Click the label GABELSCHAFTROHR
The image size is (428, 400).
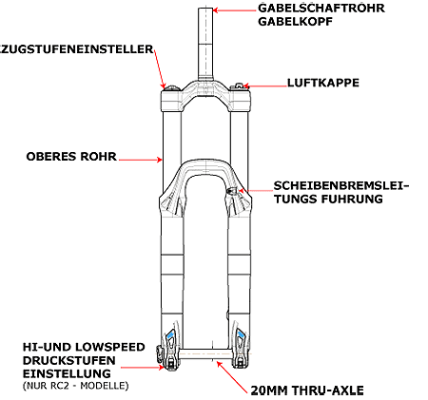point(321,8)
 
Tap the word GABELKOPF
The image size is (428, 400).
point(296,22)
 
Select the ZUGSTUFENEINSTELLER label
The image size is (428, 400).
point(77,49)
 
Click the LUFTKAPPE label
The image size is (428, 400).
point(323,83)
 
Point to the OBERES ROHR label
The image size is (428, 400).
point(71,157)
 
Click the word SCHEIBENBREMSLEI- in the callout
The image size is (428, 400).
point(341,185)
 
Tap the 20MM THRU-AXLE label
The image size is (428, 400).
point(307,390)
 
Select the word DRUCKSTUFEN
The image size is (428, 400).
point(68,360)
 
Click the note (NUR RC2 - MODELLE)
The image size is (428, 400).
point(75,386)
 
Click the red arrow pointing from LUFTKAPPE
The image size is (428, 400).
point(264,86)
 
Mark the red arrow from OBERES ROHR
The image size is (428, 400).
point(141,160)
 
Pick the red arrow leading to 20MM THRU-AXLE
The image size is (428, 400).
point(232,377)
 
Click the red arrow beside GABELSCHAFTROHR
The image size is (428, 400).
point(234,10)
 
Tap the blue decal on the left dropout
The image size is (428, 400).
point(170,334)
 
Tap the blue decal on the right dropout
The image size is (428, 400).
point(241,334)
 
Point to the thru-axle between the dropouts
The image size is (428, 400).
point(205,354)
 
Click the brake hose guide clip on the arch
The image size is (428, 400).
point(232,191)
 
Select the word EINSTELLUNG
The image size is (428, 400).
point(67,373)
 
